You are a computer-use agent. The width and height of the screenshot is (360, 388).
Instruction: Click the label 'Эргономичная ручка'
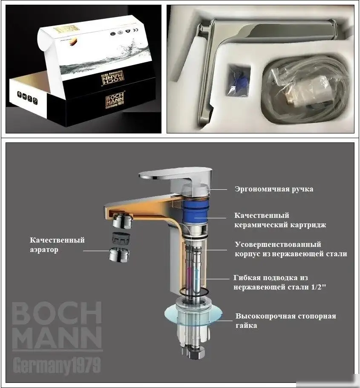[274, 189]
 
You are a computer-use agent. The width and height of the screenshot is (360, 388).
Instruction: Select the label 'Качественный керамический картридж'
[280, 220]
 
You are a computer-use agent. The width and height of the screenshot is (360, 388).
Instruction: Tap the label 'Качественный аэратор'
[57, 245]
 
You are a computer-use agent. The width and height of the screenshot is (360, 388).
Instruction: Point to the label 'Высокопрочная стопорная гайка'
[285, 321]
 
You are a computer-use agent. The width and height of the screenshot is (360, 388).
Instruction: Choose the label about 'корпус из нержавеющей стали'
[291, 249]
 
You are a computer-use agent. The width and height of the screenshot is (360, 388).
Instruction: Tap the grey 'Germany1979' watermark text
[56, 365]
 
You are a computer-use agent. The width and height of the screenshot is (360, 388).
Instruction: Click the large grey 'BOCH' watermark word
[56, 314]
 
